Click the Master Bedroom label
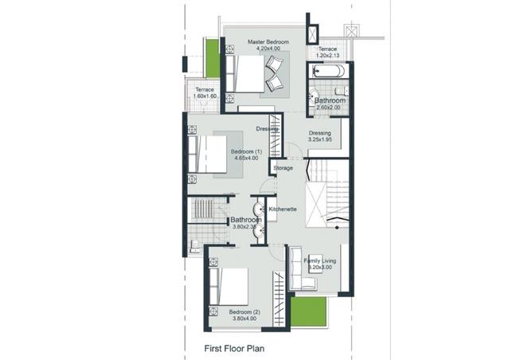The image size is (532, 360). pyautogui.click(x=267, y=45)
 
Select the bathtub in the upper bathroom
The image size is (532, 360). pyautogui.click(x=327, y=71)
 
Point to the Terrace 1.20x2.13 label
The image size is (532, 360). pyautogui.click(x=328, y=52)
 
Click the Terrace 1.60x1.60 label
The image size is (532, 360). pyautogui.click(x=205, y=93)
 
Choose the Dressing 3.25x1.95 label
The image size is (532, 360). pyautogui.click(x=319, y=136)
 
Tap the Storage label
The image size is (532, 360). pyautogui.click(x=284, y=168)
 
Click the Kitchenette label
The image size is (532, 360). pyautogui.click(x=283, y=209)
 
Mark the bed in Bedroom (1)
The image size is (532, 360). pyautogui.click(x=209, y=153)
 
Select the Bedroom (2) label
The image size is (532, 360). pyautogui.click(x=244, y=315)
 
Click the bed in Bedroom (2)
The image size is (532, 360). pyautogui.click(x=229, y=289)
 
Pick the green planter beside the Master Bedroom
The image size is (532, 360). pyautogui.click(x=213, y=57)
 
